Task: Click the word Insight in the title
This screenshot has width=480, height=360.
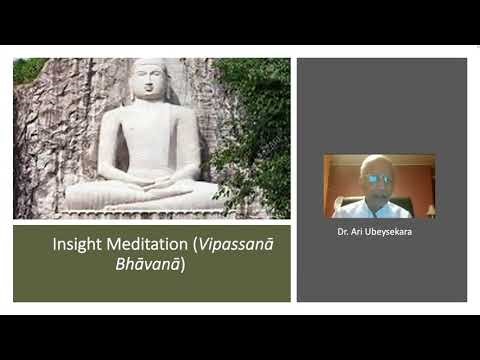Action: pyautogui.click(x=74, y=244)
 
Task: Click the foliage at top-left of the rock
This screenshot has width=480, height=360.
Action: pyautogui.click(x=28, y=69)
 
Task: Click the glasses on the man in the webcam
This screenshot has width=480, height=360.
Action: pyautogui.click(x=379, y=180)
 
